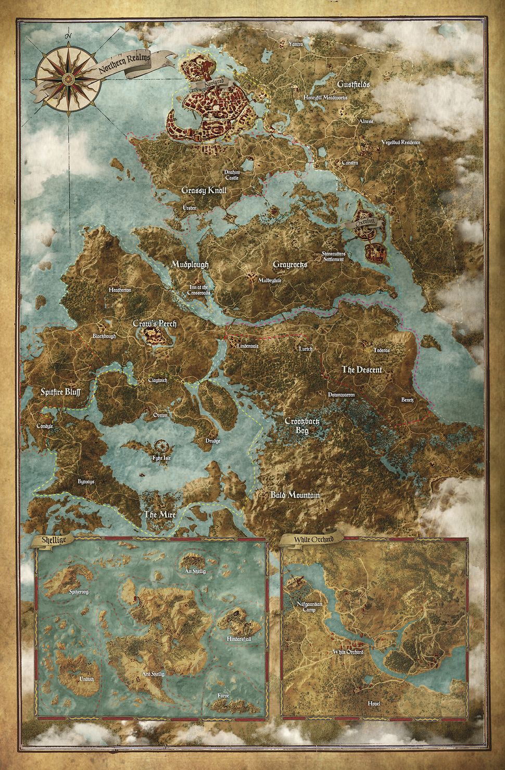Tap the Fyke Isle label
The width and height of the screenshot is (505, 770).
pyautogui.click(x=161, y=457)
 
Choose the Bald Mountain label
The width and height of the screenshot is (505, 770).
pyautogui.click(x=295, y=495)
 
